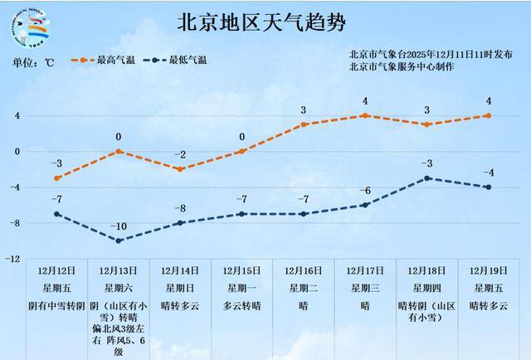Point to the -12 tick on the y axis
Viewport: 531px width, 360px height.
(x=13, y=259)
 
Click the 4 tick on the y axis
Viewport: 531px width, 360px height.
(x=16, y=115)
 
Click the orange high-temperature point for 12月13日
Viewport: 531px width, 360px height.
(x=119, y=152)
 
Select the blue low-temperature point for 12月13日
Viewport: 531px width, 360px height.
(x=119, y=241)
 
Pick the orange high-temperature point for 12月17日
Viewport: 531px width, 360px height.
(x=365, y=115)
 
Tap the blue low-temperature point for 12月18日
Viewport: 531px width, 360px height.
(x=426, y=178)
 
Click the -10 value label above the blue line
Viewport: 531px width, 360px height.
(x=119, y=226)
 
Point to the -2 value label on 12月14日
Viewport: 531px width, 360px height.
(x=180, y=155)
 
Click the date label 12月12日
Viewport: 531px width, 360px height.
(x=57, y=270)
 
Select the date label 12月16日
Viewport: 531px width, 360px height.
(x=304, y=270)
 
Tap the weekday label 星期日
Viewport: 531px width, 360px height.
(x=180, y=288)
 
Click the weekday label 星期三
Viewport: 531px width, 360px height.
(x=365, y=288)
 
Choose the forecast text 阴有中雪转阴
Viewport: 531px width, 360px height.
(x=57, y=305)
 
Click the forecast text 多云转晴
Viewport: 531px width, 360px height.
(x=242, y=305)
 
